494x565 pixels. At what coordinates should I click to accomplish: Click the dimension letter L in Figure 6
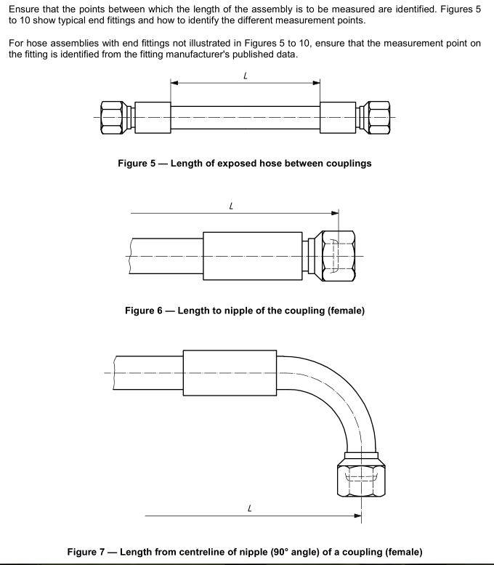231,206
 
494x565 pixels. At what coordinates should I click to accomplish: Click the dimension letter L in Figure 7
249,508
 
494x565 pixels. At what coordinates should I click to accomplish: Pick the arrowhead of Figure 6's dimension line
335,213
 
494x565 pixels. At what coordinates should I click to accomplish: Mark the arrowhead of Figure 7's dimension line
357,516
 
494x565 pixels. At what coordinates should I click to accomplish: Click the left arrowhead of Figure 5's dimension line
174,82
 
